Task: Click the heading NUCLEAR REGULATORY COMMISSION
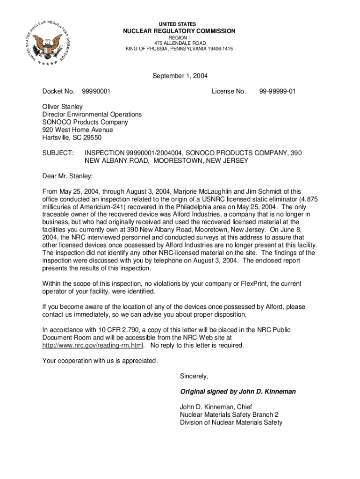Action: pyautogui.click(x=179, y=31)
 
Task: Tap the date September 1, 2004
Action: pyautogui.click(x=180, y=76)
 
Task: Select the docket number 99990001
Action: pyautogui.click(x=96, y=91)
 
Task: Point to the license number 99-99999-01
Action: pyautogui.click(x=278, y=91)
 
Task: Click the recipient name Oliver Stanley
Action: pyautogui.click(x=63, y=107)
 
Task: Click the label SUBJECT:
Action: pyautogui.click(x=58, y=153)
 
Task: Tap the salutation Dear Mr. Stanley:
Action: pyautogui.click(x=68, y=176)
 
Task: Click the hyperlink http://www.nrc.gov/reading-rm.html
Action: pyautogui.click(x=94, y=346)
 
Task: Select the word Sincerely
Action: pyautogui.click(x=194, y=376)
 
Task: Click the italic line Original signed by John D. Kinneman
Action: pyautogui.click(x=238, y=392)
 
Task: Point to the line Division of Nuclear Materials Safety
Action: pyautogui.click(x=231, y=422)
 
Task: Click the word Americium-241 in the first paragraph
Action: pyautogui.click(x=98, y=207)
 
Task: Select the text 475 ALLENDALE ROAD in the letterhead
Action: pyautogui.click(x=179, y=43)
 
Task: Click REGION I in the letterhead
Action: pyautogui.click(x=179, y=37)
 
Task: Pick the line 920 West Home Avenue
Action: pyautogui.click(x=78, y=130)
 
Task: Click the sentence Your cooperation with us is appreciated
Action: pyautogui.click(x=100, y=361)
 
